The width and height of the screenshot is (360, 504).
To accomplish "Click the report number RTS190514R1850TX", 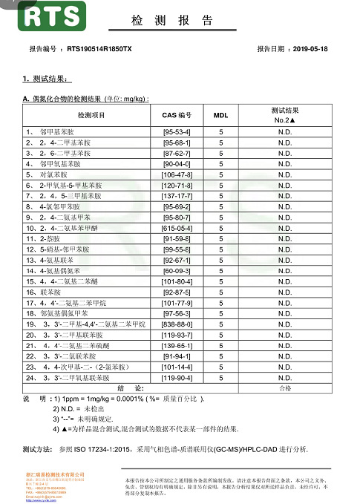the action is tap(99, 49).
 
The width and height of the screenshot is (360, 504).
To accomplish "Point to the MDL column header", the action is tap(220, 115).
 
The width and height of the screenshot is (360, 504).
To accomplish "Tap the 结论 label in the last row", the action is tap(108, 388).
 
